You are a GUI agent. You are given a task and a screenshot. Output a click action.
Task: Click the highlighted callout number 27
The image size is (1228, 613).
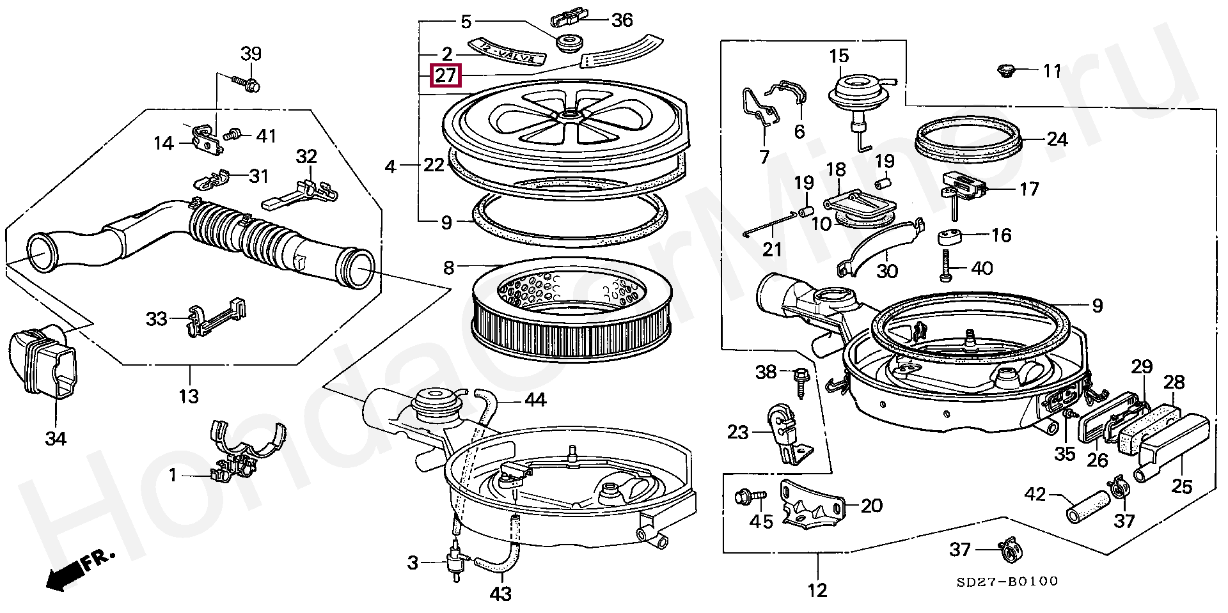pos(445,76)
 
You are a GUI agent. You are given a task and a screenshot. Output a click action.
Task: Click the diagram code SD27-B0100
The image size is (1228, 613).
pos(1007,581)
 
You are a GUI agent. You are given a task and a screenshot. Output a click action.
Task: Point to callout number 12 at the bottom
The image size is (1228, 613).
pos(818,590)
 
